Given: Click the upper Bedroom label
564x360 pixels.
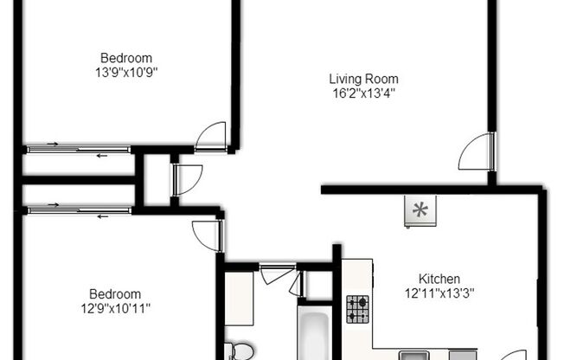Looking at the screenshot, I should [128, 58].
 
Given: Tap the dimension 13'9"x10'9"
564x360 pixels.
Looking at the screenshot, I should [128, 72].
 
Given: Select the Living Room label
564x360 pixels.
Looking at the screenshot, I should [364, 78].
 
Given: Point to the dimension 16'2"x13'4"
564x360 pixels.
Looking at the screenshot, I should [364, 92].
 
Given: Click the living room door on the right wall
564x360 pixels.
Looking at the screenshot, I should [477, 154].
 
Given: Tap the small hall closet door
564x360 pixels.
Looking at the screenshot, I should [186, 178].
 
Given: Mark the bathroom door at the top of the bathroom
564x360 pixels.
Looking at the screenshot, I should [276, 276].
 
